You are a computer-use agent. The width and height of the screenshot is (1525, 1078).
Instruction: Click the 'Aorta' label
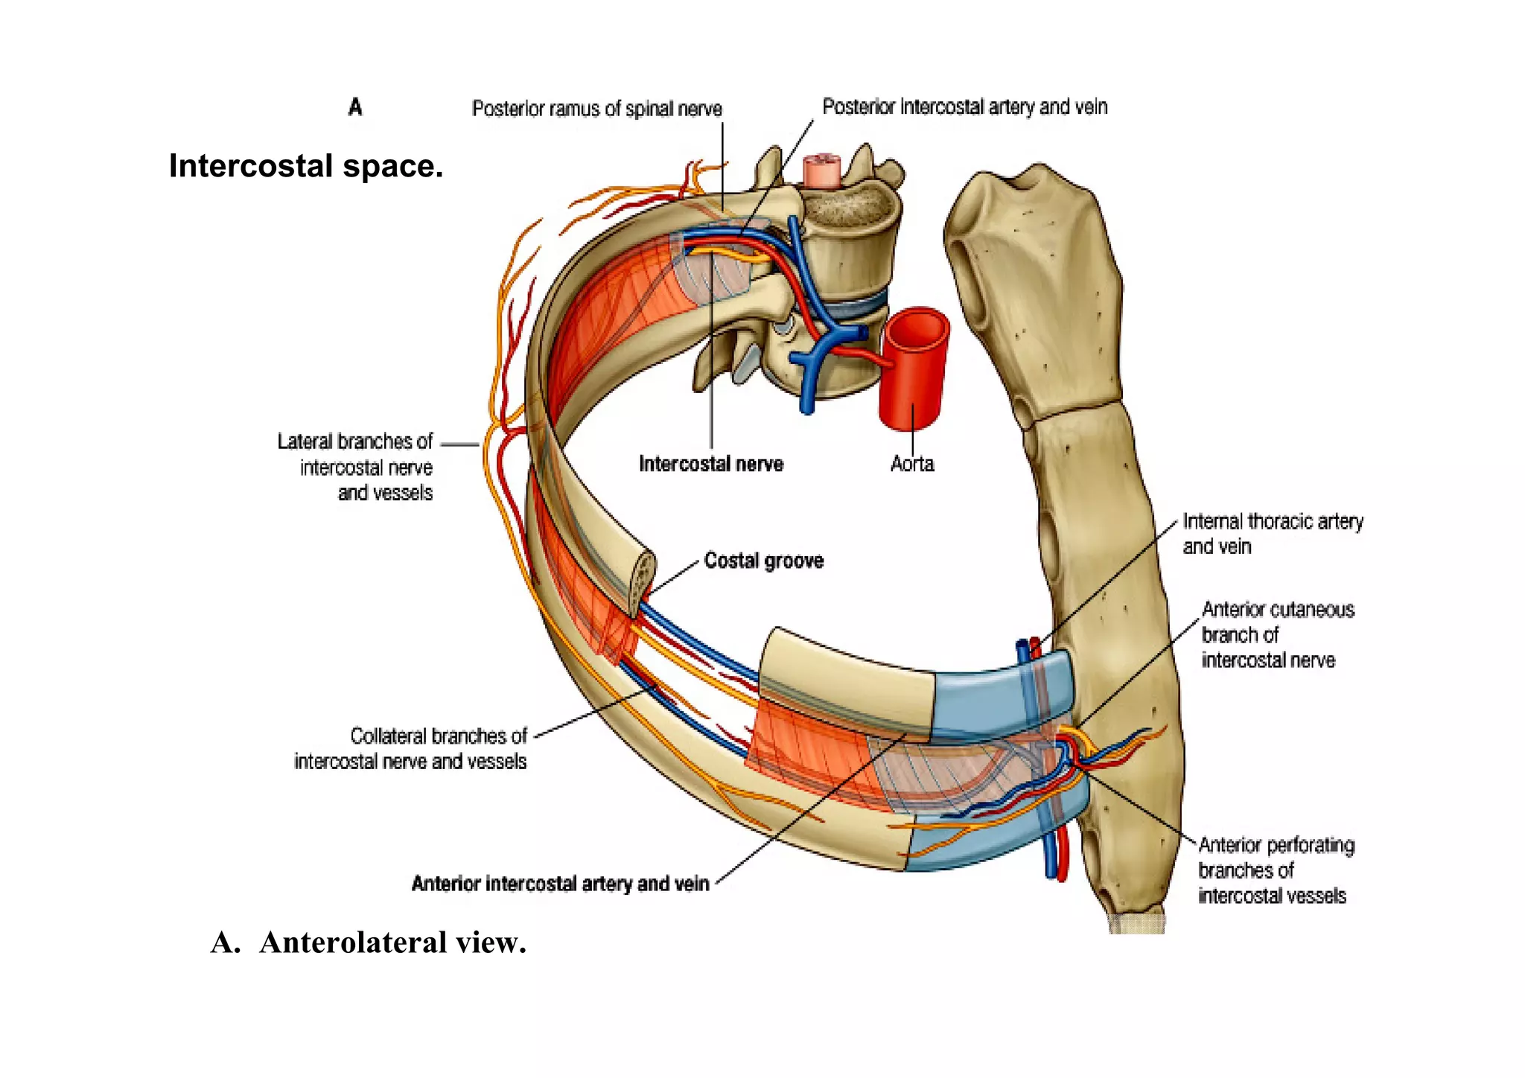[911, 464]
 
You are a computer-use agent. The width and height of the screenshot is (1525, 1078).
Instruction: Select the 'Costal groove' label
[763, 561]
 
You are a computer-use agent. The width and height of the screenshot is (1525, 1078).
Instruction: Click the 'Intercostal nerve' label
[711, 464]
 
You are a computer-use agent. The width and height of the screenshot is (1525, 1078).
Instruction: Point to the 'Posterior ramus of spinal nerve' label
[596, 109]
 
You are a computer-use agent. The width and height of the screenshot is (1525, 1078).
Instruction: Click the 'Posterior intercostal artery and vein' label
[964, 107]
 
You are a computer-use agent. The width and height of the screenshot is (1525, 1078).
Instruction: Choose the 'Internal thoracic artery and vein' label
[1272, 534]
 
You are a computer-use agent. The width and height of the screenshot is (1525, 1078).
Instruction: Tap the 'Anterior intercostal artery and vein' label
[560, 884]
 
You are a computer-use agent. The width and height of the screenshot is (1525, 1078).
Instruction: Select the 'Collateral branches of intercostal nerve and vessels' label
[411, 748]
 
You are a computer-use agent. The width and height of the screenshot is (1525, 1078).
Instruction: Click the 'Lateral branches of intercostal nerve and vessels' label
[356, 467]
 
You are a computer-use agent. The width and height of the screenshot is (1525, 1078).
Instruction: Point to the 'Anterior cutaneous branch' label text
[1277, 635]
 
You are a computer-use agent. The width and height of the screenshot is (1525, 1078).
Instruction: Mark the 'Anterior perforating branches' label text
[1276, 870]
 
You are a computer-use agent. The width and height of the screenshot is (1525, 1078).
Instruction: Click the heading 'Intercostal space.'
[305, 166]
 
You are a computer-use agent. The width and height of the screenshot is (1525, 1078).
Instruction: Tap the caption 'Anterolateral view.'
[369, 943]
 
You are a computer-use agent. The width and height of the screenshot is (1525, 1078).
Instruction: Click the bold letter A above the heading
[355, 107]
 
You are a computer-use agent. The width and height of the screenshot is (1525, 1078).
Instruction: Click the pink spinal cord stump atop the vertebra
[822, 170]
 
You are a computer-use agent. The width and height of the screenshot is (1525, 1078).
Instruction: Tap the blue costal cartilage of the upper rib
[998, 696]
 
